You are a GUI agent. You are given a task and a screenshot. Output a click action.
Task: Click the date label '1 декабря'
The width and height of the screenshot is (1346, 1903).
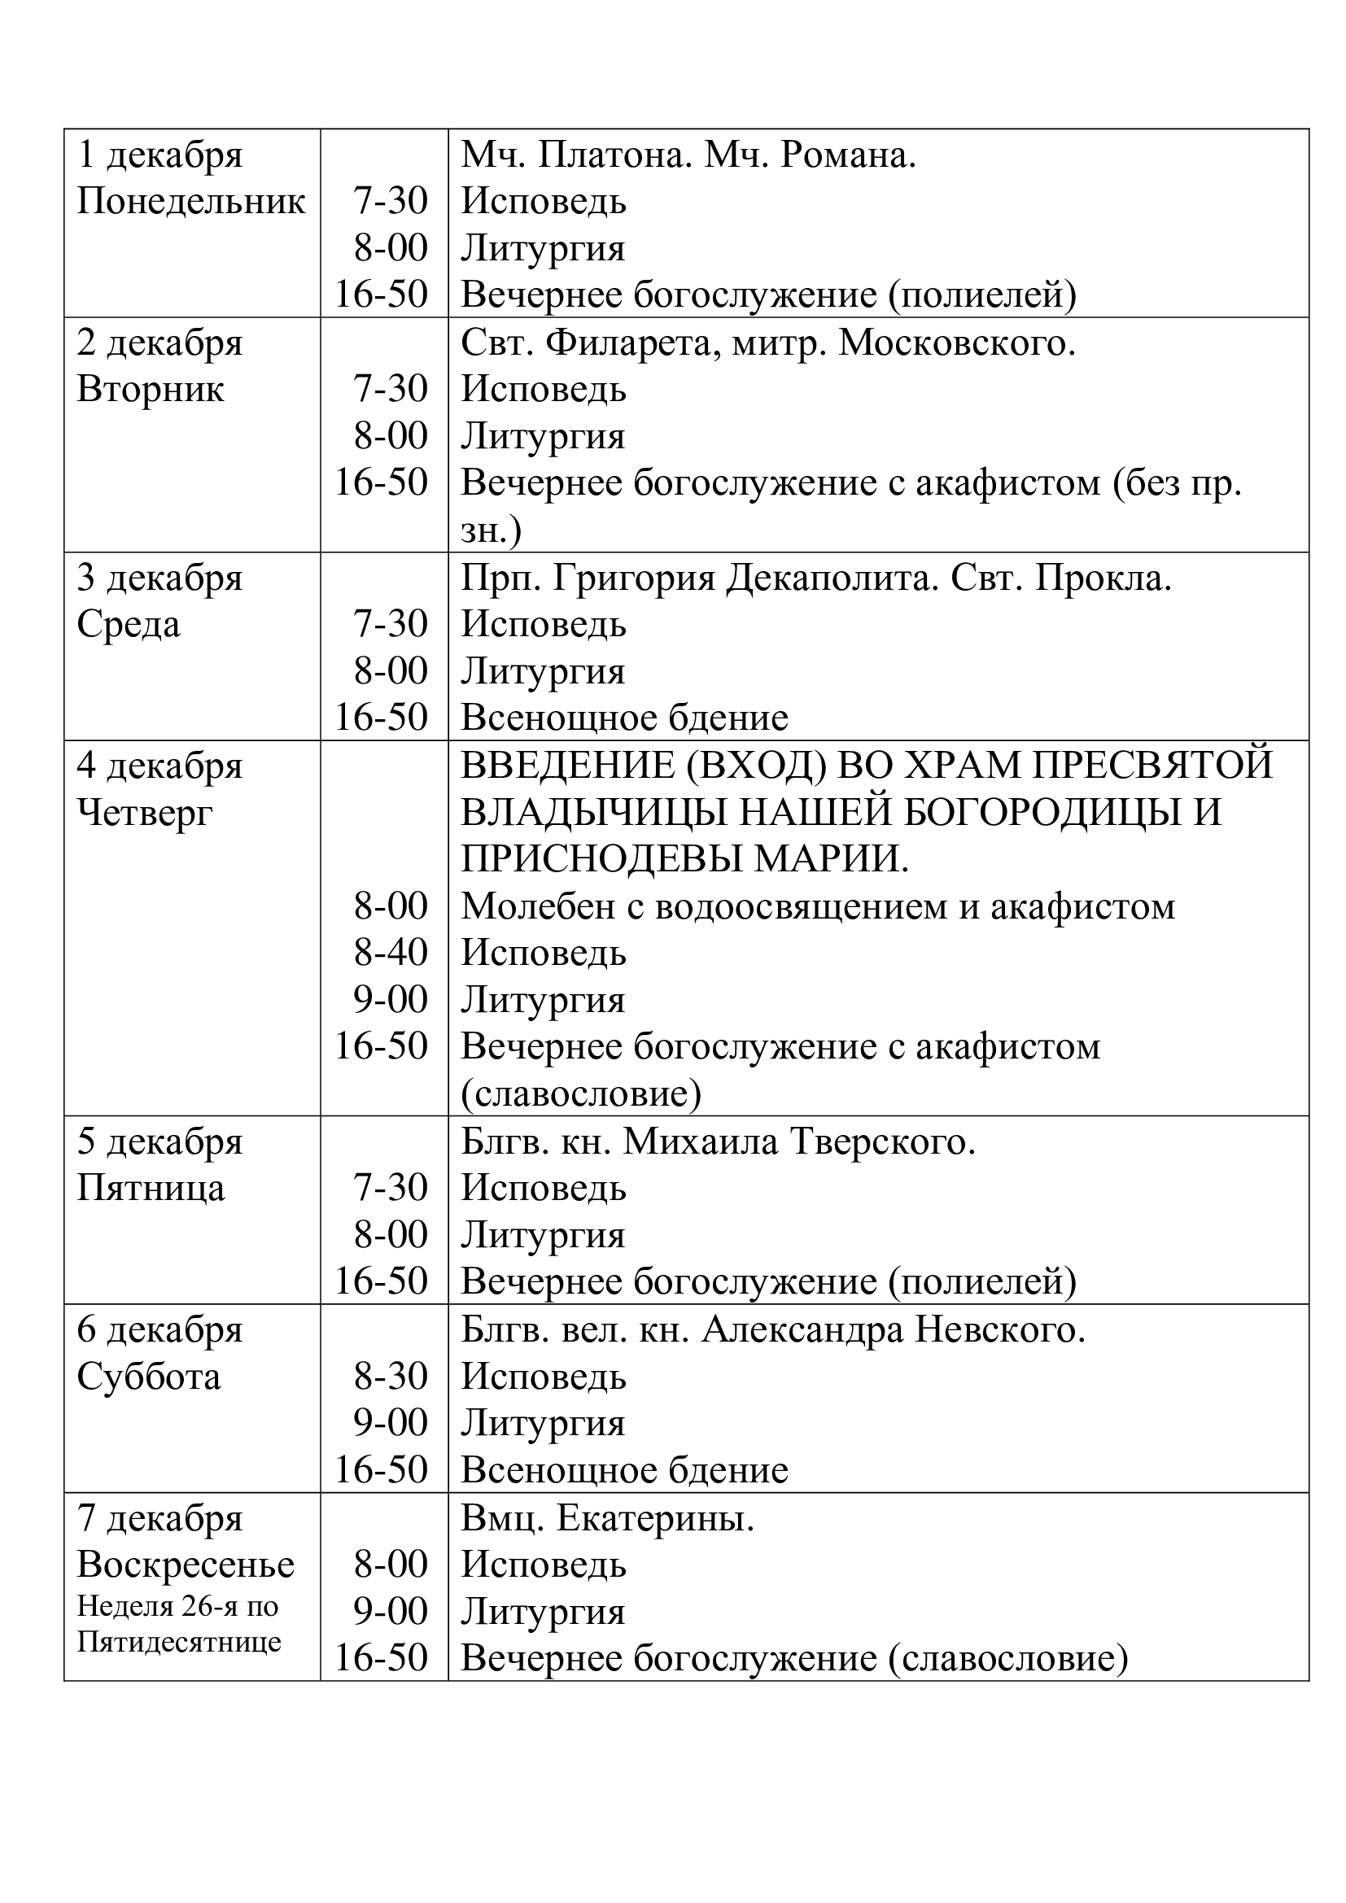[x=160, y=156]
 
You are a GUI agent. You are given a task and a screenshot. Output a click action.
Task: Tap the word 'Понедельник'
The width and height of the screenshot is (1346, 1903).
[x=190, y=203]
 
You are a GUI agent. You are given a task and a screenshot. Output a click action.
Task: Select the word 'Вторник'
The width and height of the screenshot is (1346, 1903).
[x=150, y=390]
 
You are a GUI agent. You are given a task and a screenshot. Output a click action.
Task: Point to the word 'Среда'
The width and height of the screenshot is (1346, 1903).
[x=129, y=625]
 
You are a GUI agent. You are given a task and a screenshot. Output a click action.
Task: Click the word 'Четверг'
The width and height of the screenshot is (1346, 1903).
[x=145, y=813]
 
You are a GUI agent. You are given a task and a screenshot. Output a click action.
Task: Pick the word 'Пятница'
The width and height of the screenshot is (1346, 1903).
[x=151, y=1189]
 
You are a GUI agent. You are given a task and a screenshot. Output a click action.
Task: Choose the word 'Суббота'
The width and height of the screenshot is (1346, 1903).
[x=149, y=1377]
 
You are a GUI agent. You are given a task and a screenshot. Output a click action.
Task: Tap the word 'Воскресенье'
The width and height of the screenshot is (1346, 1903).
[x=186, y=1565]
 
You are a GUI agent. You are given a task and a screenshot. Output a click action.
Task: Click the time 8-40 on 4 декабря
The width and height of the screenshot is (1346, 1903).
[x=391, y=954]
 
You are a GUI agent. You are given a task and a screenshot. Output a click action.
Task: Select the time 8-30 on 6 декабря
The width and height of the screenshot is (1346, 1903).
[x=391, y=1377]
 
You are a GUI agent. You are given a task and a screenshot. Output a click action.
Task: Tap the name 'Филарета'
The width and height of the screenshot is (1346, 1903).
[x=627, y=343]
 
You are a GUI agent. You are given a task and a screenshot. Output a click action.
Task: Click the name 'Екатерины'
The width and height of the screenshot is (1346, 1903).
[x=655, y=1518]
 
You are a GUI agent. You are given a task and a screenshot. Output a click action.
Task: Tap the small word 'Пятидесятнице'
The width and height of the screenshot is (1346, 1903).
[x=179, y=1642]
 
